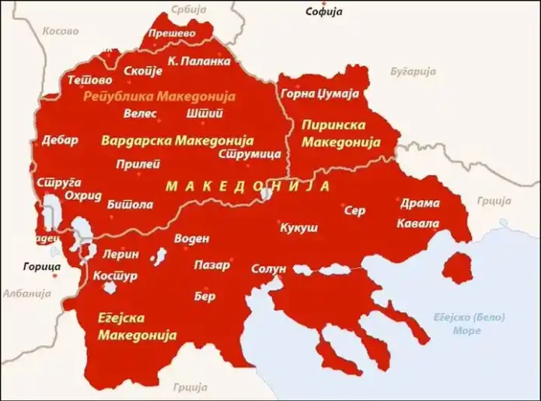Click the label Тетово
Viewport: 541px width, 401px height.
(89, 80)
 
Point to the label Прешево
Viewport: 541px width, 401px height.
(171, 33)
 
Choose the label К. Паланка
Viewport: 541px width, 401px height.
(199, 61)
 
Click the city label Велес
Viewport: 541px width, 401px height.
(140, 114)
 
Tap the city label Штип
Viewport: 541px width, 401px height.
(205, 114)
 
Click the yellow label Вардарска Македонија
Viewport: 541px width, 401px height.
(177, 141)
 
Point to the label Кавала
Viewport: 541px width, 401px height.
(417, 224)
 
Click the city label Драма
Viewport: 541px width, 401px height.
(420, 203)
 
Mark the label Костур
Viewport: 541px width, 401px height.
(115, 276)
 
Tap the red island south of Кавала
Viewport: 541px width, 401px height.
(456, 268)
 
